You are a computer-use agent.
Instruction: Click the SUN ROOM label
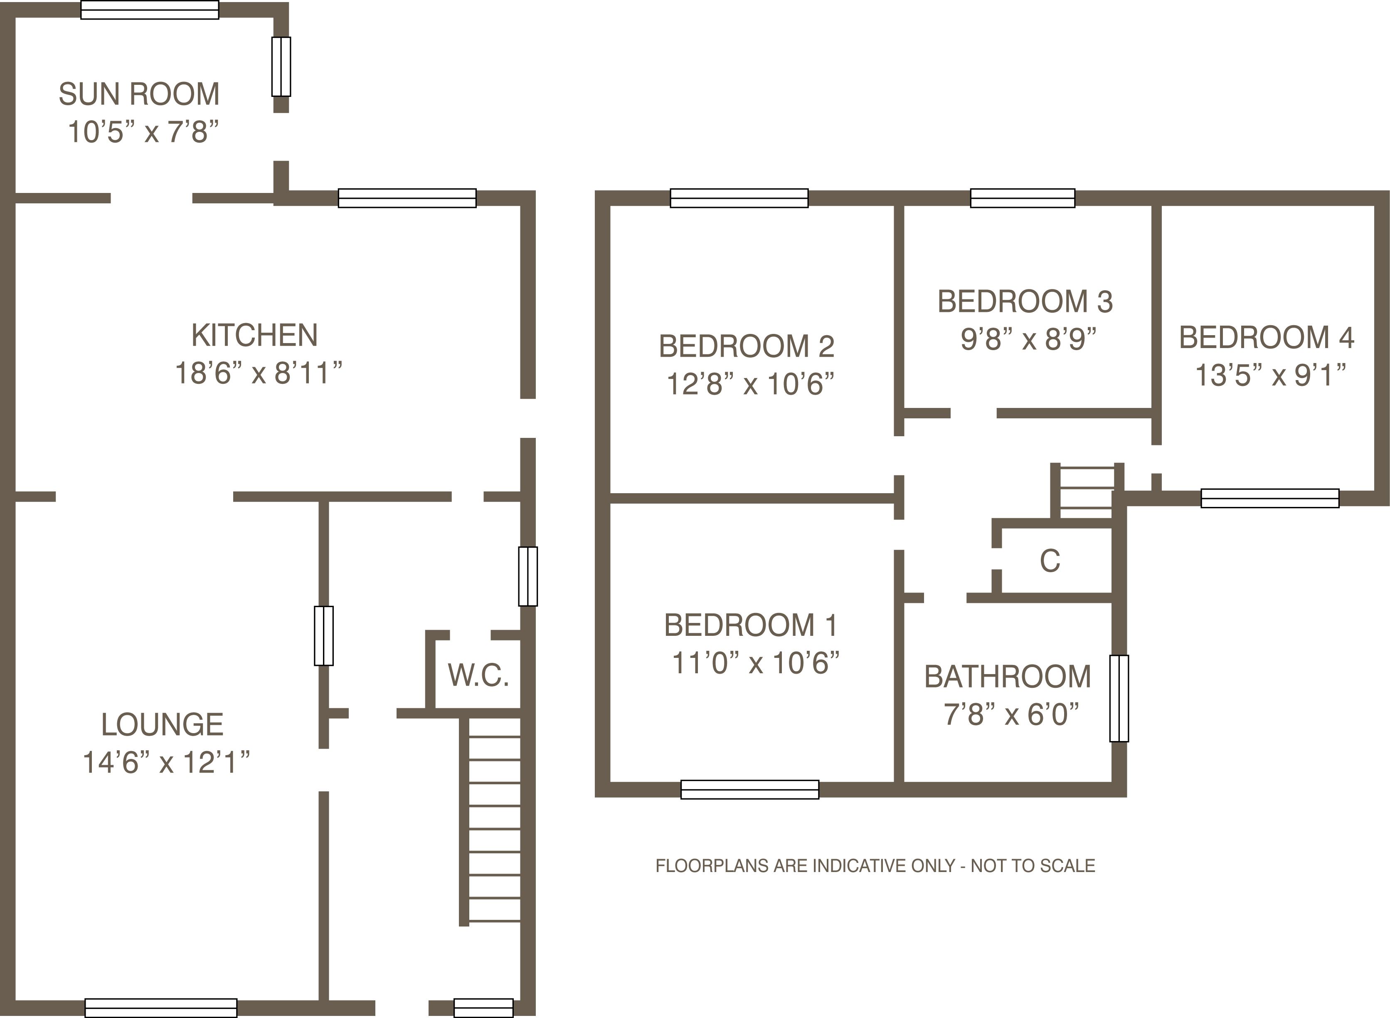point(139,94)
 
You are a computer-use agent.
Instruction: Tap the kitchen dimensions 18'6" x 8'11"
point(259,373)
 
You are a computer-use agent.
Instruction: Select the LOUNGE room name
point(162,725)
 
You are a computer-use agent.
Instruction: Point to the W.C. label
point(478,675)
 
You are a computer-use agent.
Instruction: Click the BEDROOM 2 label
point(747,346)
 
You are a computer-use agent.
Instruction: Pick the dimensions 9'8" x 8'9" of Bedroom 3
point(1028,339)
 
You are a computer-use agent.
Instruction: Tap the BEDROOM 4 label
point(1267,338)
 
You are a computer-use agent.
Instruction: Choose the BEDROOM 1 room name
point(751,625)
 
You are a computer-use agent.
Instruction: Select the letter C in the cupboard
point(1050,561)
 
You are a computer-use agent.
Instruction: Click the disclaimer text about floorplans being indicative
point(875,866)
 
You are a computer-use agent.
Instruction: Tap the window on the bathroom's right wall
point(1119,698)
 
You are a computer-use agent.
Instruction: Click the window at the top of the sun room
point(150,10)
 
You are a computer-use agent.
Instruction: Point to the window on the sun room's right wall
point(281,67)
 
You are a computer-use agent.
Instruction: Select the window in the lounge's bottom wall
point(161,1008)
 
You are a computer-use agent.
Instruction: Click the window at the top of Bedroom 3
point(1022,198)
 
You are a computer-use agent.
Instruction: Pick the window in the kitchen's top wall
point(407,198)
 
